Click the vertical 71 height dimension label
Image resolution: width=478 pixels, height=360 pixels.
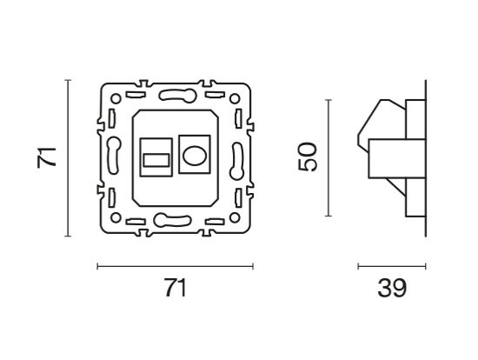tap(50, 158)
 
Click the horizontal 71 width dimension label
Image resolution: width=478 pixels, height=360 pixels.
tap(175, 288)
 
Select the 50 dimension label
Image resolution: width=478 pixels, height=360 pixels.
tap(309, 158)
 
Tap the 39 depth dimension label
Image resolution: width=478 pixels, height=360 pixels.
tap(391, 288)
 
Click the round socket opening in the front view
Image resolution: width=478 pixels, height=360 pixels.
tap(194, 158)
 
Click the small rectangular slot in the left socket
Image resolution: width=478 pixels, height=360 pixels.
tap(154, 160)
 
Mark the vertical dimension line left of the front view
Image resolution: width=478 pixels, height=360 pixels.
tap(68, 158)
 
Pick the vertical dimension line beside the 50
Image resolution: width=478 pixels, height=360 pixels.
tap(327, 158)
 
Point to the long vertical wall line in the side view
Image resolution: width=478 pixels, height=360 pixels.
tap(425, 158)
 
